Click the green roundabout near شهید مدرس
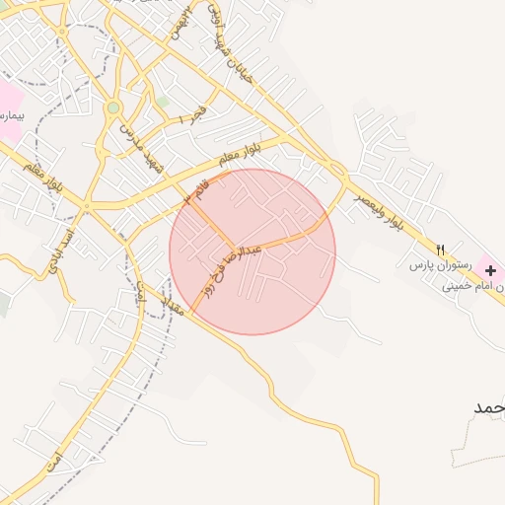[x=114, y=108]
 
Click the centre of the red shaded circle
[x=252, y=252]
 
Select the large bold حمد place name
[x=489, y=407]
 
